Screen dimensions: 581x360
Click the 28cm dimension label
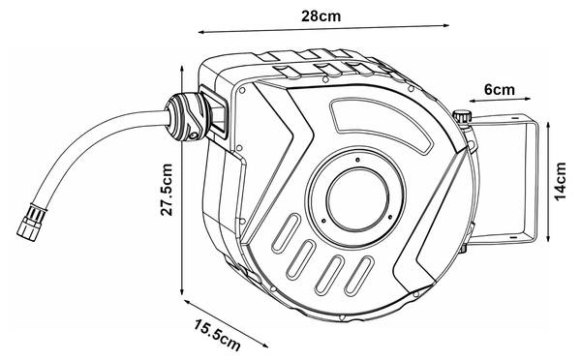[321, 15]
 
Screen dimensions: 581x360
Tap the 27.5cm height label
[167, 190]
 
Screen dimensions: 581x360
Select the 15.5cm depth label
[218, 336]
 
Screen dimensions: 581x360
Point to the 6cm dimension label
[500, 90]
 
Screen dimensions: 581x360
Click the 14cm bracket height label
[561, 182]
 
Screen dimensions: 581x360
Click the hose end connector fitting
[32, 221]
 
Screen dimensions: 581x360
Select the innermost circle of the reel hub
[357, 199]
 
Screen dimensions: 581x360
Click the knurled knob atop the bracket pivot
[461, 117]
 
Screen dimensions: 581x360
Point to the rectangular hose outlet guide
[214, 112]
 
